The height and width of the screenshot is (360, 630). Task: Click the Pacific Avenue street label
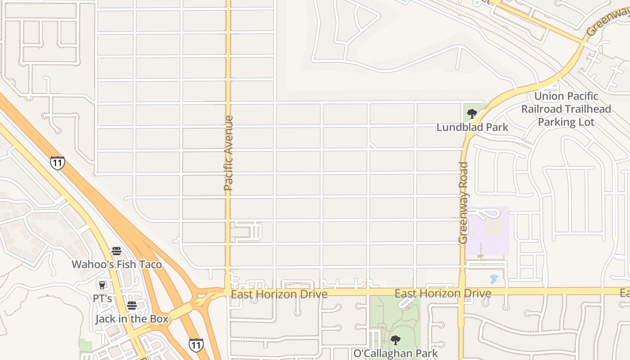229,153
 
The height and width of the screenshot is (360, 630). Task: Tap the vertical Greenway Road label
463,203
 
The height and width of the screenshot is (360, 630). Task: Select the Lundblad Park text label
472,127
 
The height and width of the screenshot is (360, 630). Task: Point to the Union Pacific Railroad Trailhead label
566,109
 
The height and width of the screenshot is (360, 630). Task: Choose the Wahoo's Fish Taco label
117,264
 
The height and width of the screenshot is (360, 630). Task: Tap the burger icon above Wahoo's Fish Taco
117,251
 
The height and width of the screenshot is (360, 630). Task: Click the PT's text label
102,298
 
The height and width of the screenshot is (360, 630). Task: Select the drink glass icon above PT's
102,285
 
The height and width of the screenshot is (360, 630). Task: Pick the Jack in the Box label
131,319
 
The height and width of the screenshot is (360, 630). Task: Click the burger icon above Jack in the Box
131,306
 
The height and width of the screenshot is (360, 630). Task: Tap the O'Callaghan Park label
396,353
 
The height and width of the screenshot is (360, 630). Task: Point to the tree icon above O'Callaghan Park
396,340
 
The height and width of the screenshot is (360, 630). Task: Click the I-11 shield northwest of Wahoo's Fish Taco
57,163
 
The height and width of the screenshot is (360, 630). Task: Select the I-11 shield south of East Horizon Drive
196,345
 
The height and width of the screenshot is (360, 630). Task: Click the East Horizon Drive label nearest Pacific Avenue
279,294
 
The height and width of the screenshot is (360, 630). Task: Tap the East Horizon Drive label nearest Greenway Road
443,294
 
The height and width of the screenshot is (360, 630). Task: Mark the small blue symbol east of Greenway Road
494,279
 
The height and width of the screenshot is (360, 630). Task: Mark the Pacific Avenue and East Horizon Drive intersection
228,292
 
